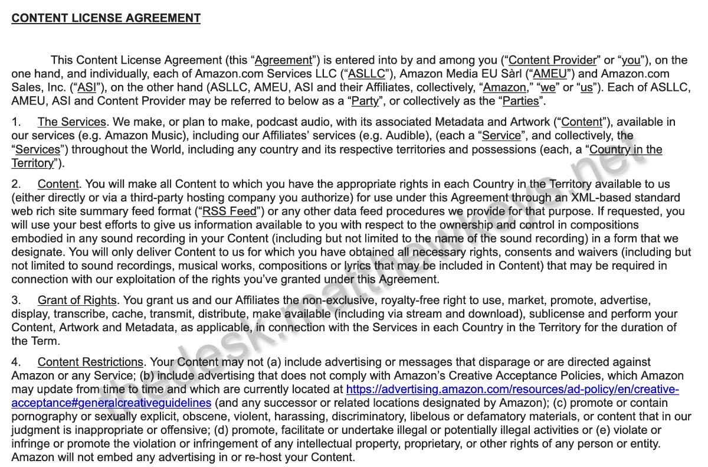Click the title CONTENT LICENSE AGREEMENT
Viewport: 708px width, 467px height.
click(x=106, y=18)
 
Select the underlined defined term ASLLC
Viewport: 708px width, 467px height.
click(x=366, y=74)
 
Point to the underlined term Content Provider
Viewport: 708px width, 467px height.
click(x=553, y=60)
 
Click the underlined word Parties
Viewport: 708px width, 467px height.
click(x=521, y=101)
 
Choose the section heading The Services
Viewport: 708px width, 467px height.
click(x=72, y=122)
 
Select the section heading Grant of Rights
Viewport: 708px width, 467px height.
click(x=77, y=301)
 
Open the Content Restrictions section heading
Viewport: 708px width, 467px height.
click(x=90, y=362)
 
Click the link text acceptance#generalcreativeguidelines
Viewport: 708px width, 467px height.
click(x=111, y=403)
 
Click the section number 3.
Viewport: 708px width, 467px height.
click(x=16, y=301)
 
